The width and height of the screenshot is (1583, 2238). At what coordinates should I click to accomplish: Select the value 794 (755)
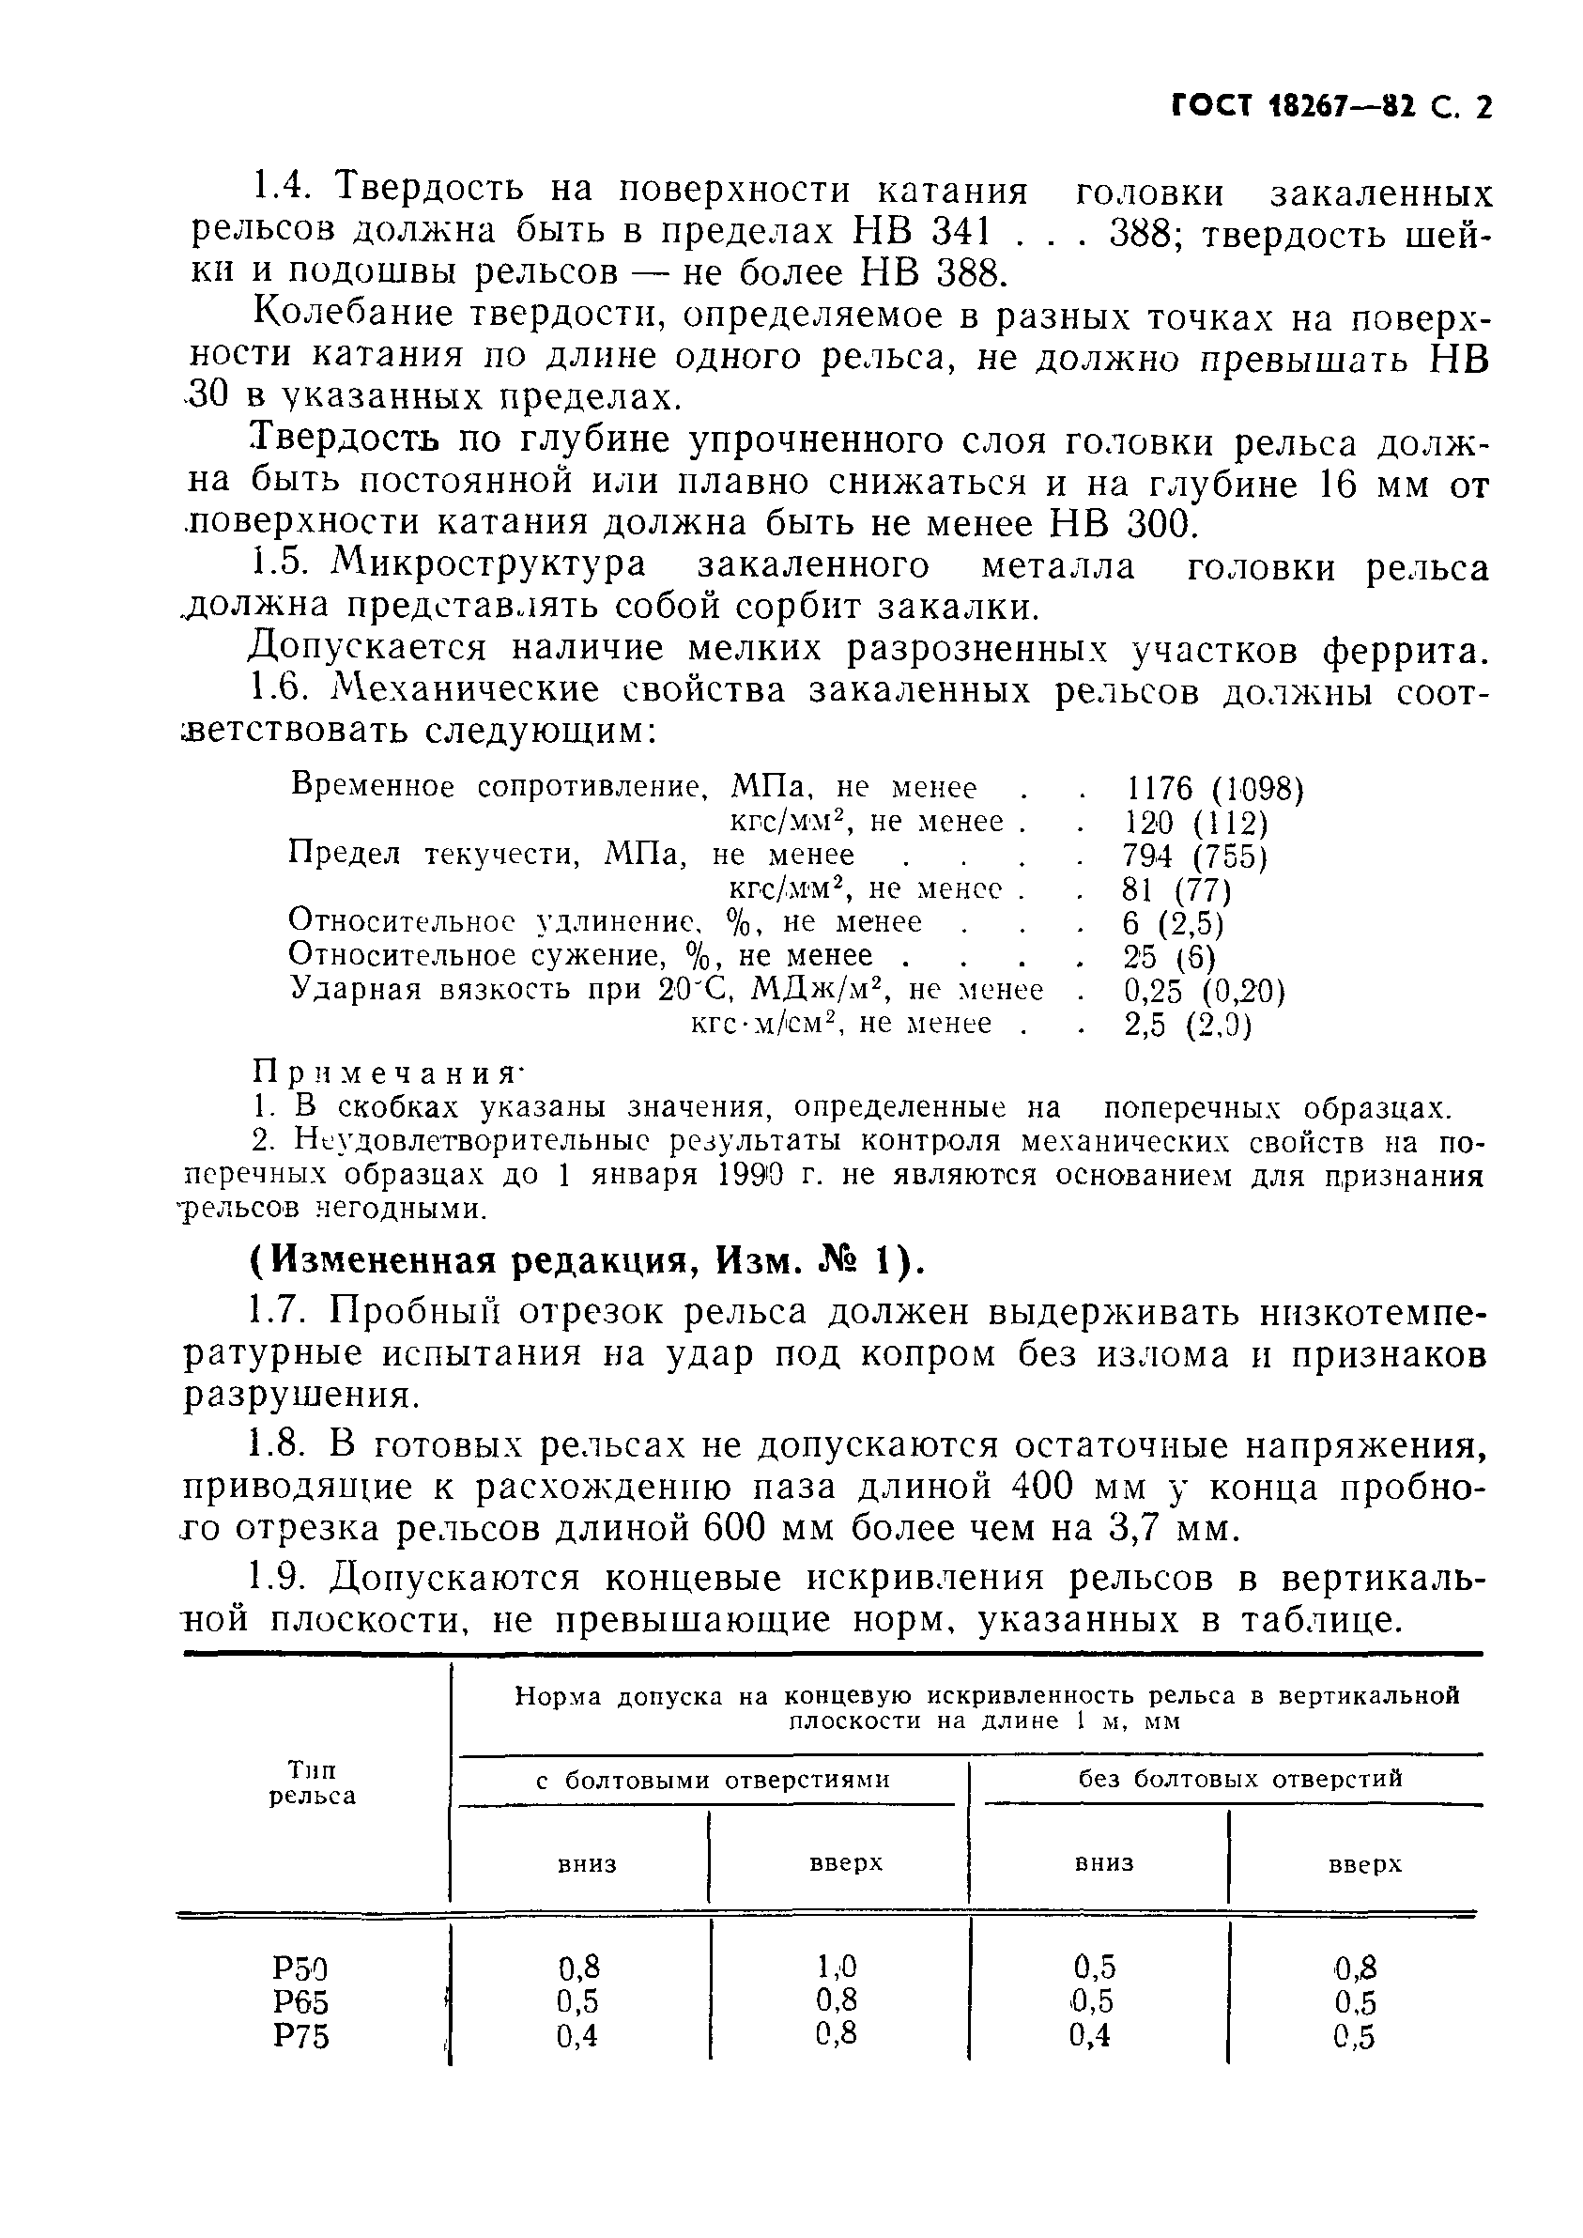(x=1194, y=855)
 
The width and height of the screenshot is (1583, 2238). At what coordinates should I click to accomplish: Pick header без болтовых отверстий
(x=1240, y=1778)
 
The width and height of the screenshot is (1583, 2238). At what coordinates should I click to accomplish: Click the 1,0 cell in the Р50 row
(x=837, y=1965)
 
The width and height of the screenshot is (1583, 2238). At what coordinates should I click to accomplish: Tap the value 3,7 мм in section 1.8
(x=1176, y=1528)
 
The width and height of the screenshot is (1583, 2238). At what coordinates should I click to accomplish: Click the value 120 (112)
(x=1196, y=823)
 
